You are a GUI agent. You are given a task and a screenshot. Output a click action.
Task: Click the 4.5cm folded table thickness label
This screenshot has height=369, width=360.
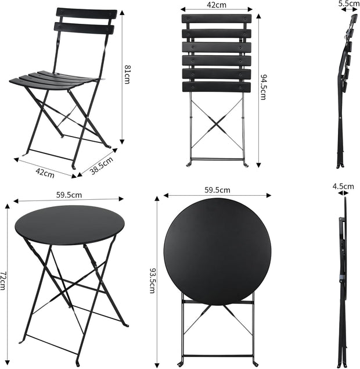[x=343, y=187]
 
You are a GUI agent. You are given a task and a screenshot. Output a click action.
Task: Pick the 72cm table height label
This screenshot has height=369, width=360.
[x=3, y=281]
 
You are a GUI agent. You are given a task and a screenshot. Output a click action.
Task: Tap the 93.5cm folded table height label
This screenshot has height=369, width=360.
[x=153, y=280]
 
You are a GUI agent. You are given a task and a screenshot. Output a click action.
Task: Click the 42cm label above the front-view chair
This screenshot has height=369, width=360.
[x=217, y=5]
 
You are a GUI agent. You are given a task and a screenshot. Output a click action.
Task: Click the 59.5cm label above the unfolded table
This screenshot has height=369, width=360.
[x=70, y=195]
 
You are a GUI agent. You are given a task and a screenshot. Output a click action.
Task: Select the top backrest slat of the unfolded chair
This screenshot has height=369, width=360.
[x=87, y=13]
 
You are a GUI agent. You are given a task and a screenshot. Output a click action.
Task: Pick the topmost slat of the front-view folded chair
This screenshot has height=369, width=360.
[x=217, y=19]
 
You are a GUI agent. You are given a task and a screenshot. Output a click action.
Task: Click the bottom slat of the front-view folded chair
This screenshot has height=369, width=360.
[x=217, y=87]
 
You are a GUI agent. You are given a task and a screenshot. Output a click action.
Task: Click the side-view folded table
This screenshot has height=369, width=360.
[x=343, y=279]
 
